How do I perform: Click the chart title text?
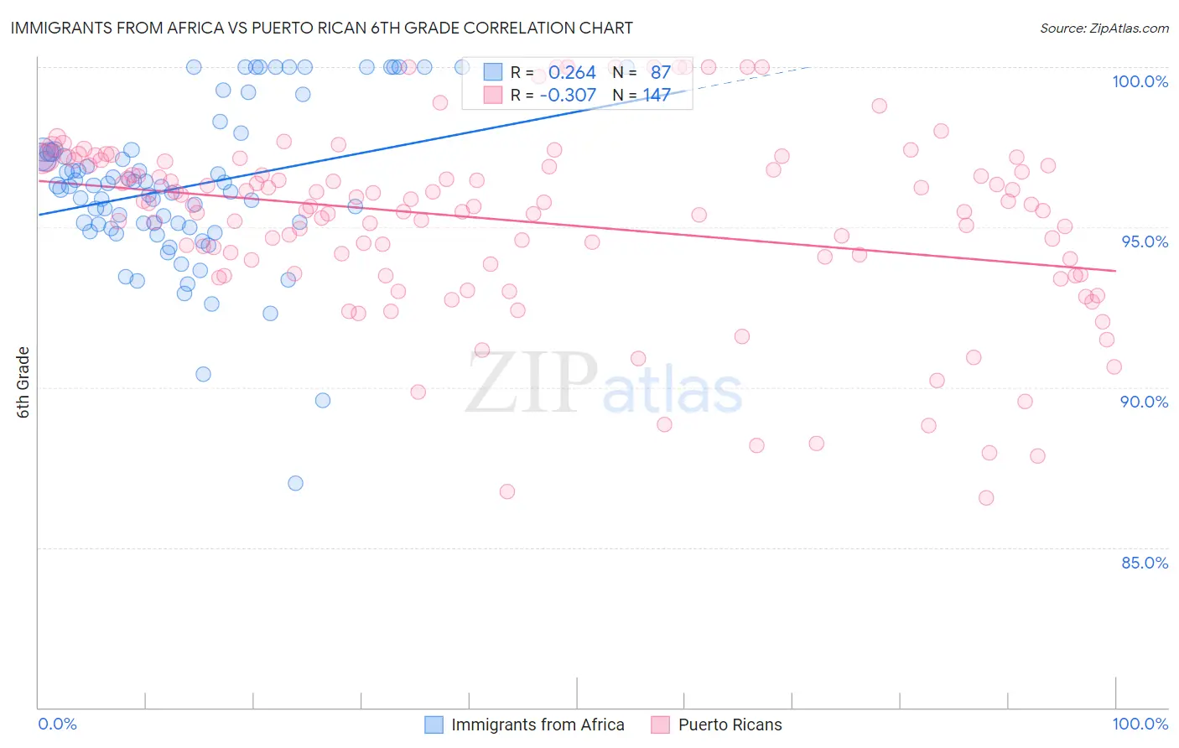click(321, 28)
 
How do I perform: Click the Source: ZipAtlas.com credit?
click(1104, 28)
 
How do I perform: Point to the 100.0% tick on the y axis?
click(1140, 81)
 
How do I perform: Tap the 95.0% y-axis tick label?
click(1145, 242)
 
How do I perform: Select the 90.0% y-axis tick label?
click(1144, 402)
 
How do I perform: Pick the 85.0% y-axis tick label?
click(1145, 563)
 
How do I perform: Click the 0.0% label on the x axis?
click(57, 724)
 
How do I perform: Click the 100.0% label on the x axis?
click(1140, 724)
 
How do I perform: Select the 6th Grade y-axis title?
click(23, 382)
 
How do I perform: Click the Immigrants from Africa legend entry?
click(538, 725)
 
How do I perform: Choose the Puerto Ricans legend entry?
click(730, 725)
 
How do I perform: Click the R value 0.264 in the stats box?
click(572, 73)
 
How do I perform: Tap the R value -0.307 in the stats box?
click(568, 96)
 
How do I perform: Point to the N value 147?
click(657, 96)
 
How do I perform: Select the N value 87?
click(660, 73)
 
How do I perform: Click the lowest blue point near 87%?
click(295, 483)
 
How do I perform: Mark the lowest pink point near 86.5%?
click(986, 498)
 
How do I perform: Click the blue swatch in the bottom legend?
click(434, 725)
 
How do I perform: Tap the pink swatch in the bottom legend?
click(661, 725)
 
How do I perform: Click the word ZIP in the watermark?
click(532, 383)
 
